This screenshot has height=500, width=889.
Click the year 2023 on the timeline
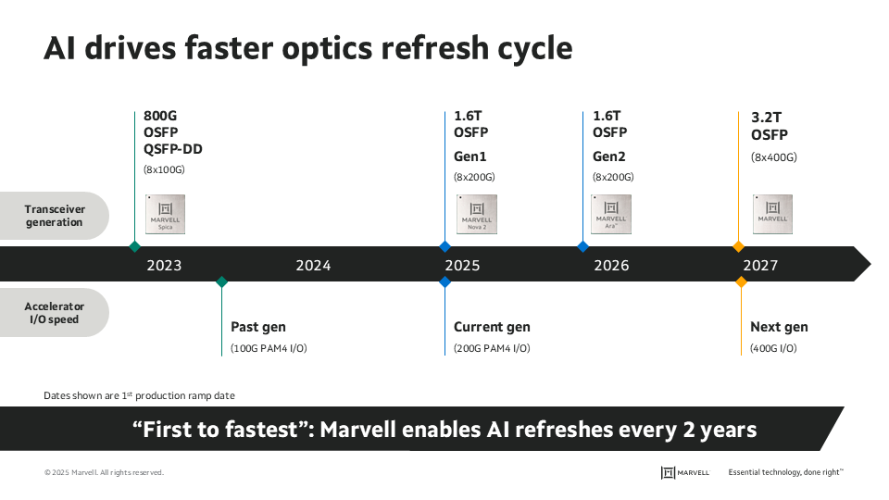pos(164,266)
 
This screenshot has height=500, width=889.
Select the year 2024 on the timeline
pos(313,266)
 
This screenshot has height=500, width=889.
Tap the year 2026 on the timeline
pos(611,266)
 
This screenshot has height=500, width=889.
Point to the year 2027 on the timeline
pos(760,266)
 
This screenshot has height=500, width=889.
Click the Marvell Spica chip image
pos(166,214)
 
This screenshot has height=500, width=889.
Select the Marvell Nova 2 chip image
pos(477,214)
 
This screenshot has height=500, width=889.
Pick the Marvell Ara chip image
pos(610,214)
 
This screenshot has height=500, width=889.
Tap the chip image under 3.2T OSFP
pos(772,214)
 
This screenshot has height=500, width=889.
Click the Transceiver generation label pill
pos(55,216)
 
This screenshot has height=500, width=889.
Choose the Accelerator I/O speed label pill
pos(55,313)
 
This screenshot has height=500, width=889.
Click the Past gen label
pos(258,327)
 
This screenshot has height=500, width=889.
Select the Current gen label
pos(492,327)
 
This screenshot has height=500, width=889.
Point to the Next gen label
pos(779,327)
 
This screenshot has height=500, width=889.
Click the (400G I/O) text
pos(773,348)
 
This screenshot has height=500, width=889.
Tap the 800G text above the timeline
pos(159,116)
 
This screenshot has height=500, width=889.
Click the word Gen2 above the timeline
pos(609,156)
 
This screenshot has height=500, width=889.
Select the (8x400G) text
pos(773,156)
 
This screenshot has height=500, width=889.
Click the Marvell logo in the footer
pos(685,472)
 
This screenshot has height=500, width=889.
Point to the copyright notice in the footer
pos(104,473)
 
